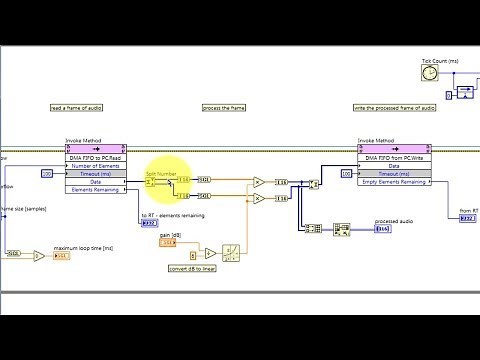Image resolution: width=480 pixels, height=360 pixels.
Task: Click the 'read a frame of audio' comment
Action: pyautogui.click(x=76, y=108)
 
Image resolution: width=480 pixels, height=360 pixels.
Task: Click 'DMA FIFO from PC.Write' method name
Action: pyautogui.click(x=393, y=157)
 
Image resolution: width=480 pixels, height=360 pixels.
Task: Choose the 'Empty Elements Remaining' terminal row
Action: pyautogui.click(x=393, y=182)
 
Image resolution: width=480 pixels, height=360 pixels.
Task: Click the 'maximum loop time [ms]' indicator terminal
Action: pyautogui.click(x=62, y=256)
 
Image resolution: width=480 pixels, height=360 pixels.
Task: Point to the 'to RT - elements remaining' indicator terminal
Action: pyautogui.click(x=149, y=223)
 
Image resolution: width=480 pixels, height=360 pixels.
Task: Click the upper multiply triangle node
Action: pyautogui.click(x=258, y=182)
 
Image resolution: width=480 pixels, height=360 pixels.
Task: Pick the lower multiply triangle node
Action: pyautogui.click(x=258, y=198)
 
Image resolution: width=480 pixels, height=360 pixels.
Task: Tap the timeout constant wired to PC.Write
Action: pyautogui.click(x=347, y=173)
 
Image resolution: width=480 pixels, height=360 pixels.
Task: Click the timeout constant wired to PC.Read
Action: pyautogui.click(x=46, y=173)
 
